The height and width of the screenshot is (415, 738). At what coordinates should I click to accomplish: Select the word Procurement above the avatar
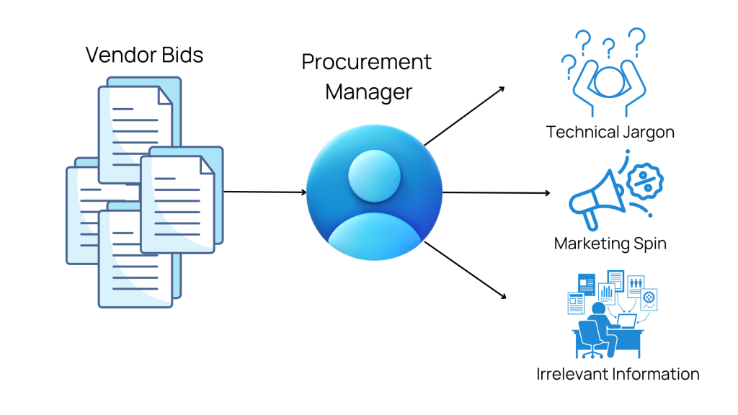click(366, 62)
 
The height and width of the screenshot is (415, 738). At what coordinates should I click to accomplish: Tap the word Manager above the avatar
click(368, 92)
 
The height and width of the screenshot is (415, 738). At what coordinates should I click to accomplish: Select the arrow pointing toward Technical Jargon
click(464, 115)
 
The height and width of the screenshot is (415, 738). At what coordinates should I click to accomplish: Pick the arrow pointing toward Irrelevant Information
click(465, 270)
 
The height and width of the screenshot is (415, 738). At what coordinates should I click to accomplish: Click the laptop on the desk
click(625, 322)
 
